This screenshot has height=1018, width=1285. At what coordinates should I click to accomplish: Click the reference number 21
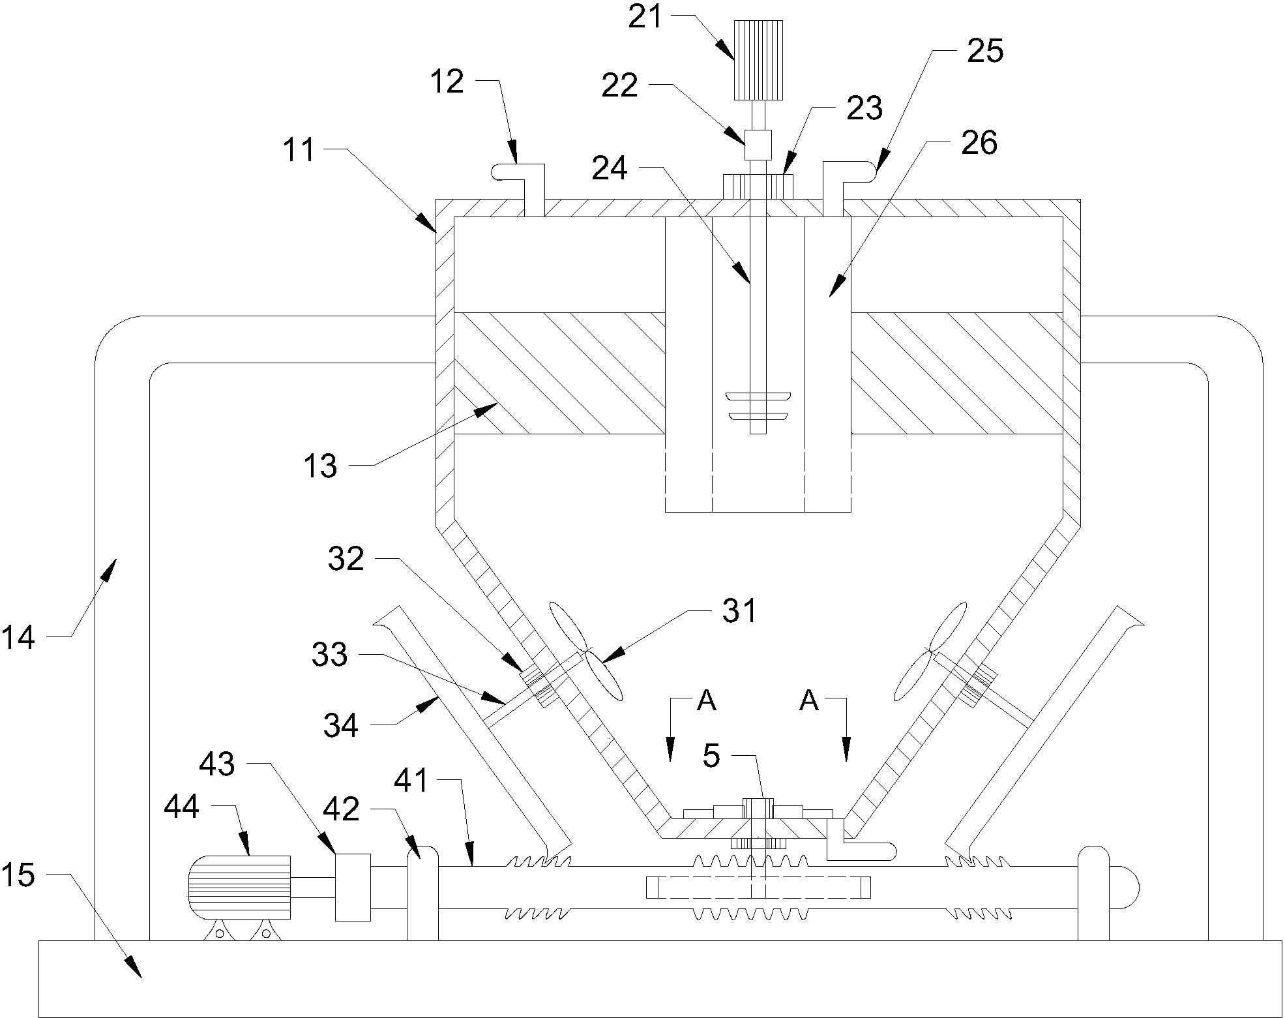coord(645,18)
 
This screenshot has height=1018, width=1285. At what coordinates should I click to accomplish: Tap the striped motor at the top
coord(758,60)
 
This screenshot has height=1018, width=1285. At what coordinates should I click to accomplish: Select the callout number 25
coord(984,51)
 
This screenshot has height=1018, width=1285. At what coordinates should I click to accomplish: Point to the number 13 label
coord(320,466)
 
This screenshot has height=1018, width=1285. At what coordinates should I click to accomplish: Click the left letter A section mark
coord(707,700)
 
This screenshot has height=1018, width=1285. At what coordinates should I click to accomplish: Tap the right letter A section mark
coord(808,700)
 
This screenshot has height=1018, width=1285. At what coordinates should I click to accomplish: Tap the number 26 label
coord(979,143)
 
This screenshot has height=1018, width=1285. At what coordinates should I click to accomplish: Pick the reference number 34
coord(341,725)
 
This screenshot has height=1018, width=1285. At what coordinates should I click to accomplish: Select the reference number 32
coord(346,559)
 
